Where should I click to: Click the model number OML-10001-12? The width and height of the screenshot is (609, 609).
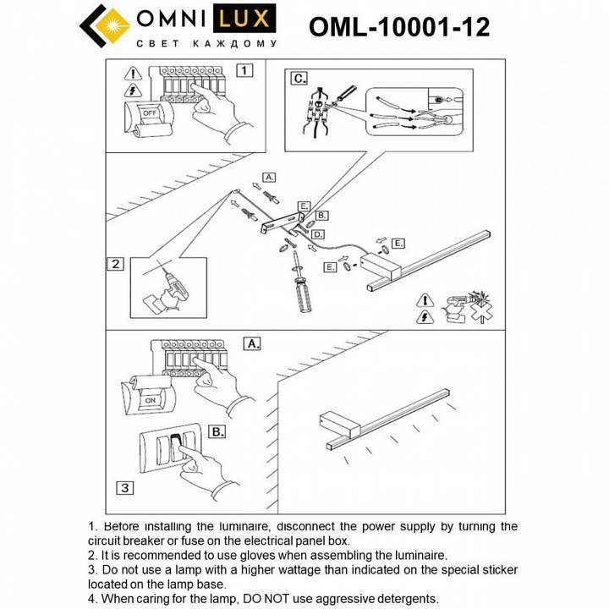(x=399, y=28)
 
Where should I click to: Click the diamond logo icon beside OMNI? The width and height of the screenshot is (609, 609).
(x=105, y=27)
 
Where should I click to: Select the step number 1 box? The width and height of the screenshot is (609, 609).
(x=244, y=71)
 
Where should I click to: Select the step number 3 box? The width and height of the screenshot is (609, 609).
(x=123, y=487)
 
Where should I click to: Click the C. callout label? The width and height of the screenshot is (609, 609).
(x=299, y=79)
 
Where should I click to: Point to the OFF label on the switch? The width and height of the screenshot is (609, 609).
(x=149, y=112)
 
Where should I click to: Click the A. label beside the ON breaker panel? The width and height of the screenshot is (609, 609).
(x=252, y=343)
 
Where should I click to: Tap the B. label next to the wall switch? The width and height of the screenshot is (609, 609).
(x=217, y=431)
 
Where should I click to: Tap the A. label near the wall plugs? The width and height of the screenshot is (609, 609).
(x=269, y=178)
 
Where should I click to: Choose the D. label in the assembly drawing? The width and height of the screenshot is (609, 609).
(x=317, y=233)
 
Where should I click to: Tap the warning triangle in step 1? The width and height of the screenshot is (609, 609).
(x=132, y=74)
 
